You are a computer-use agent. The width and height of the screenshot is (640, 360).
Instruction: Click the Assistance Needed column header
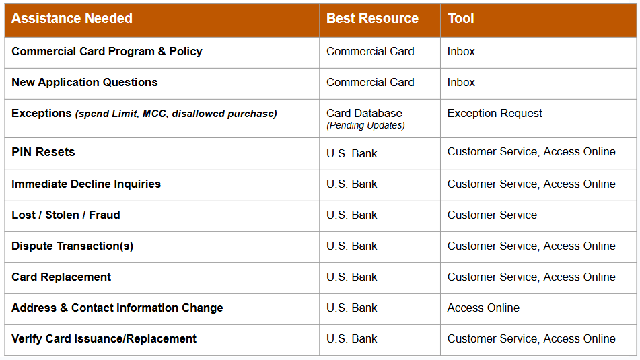point(72,19)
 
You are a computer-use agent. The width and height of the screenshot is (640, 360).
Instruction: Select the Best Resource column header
point(372,19)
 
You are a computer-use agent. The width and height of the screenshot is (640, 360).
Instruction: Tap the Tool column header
point(461,19)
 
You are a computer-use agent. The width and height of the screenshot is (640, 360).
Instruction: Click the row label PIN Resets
point(43,152)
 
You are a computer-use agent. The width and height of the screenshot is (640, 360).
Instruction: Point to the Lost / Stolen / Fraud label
point(66,215)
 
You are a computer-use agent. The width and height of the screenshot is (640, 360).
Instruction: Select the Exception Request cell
point(495,114)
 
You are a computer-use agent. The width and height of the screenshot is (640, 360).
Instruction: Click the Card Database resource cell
point(364,114)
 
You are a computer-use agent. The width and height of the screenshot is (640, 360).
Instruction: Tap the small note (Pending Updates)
point(365,126)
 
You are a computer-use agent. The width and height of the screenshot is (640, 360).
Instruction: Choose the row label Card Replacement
point(61,277)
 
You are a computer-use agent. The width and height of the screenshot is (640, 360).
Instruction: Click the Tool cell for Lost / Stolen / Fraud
point(492,215)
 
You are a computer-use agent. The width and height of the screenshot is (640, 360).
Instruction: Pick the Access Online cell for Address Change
point(483,308)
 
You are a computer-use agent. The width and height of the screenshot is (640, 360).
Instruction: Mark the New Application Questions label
point(85,83)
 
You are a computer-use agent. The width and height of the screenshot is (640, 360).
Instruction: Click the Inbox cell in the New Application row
point(461,83)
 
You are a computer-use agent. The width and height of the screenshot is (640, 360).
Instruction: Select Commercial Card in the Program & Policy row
point(370,52)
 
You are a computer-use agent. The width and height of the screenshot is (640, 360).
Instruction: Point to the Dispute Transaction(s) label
point(73,246)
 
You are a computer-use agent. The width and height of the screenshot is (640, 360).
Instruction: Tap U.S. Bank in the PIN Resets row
point(352,153)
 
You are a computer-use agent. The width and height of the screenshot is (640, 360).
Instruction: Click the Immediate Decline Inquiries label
point(86,184)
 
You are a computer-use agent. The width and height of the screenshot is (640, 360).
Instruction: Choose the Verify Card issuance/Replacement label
point(104,339)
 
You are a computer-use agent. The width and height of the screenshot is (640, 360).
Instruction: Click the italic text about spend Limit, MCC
point(176,114)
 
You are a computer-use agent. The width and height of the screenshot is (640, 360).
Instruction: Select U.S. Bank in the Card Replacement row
point(352,277)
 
